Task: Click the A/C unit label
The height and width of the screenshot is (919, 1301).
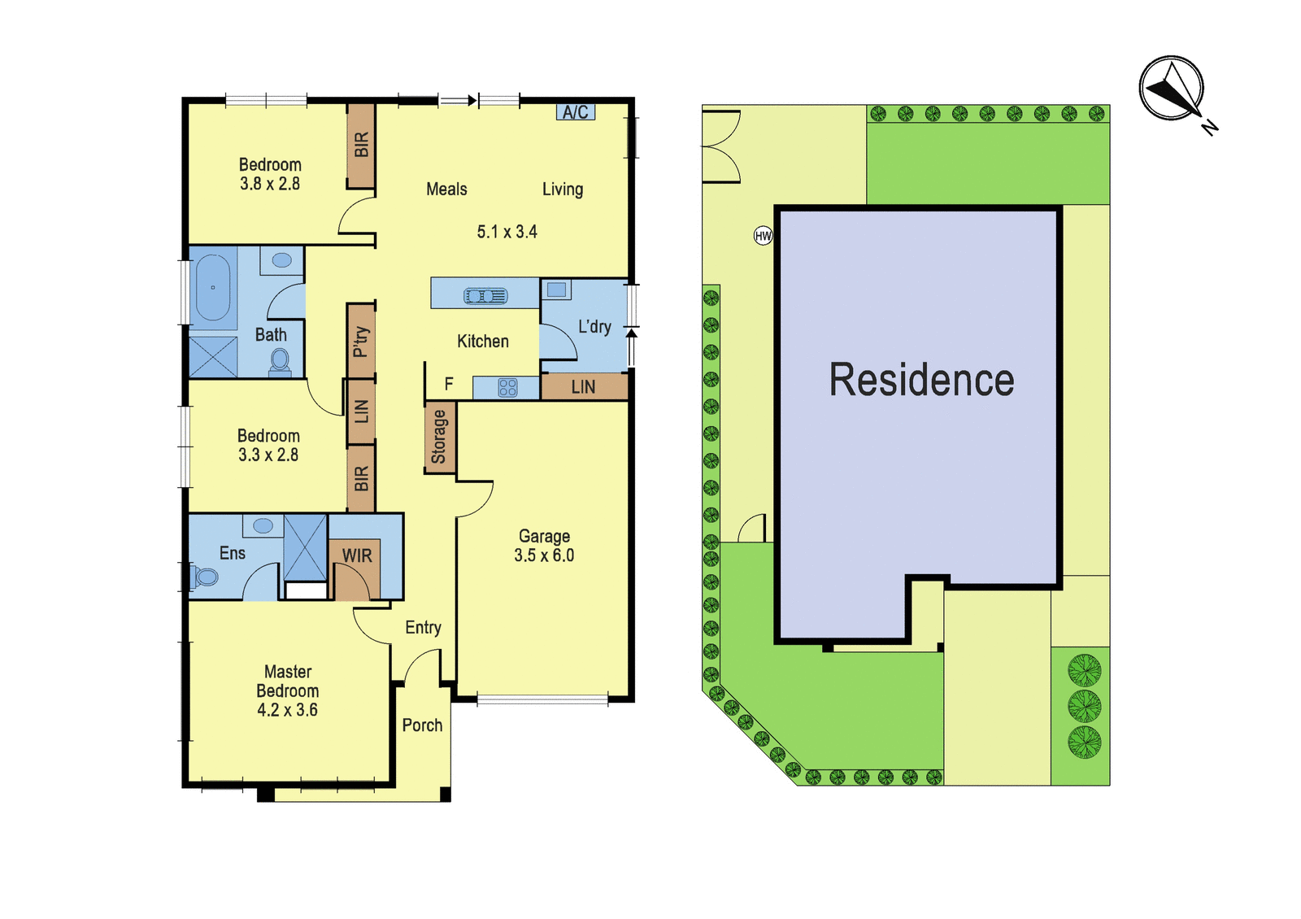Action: point(575,111)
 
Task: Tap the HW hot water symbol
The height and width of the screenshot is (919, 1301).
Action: point(764,236)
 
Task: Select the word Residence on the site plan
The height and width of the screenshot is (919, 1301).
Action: point(921,380)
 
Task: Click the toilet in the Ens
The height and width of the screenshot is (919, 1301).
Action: point(202,577)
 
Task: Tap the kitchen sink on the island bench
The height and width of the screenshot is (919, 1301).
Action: point(485,296)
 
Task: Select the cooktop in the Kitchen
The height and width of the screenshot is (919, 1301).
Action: point(507,387)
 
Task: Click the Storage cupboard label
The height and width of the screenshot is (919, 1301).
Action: point(438,437)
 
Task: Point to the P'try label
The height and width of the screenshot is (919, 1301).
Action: point(361,342)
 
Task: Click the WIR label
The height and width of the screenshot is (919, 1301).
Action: point(357,556)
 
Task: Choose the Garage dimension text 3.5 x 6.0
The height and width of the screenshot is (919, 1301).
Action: point(544,555)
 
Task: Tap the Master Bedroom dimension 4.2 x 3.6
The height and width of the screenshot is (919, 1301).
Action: point(287,710)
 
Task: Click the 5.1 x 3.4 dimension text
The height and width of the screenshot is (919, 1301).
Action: point(507,232)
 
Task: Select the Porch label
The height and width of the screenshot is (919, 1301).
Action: point(422,725)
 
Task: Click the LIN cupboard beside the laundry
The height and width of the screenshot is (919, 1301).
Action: point(583,387)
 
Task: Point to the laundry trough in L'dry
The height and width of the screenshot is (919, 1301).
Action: point(556,290)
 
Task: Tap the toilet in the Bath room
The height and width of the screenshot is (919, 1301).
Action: point(280,362)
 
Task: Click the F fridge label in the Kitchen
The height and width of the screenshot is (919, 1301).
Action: point(448,384)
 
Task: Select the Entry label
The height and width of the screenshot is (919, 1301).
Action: point(423,627)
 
